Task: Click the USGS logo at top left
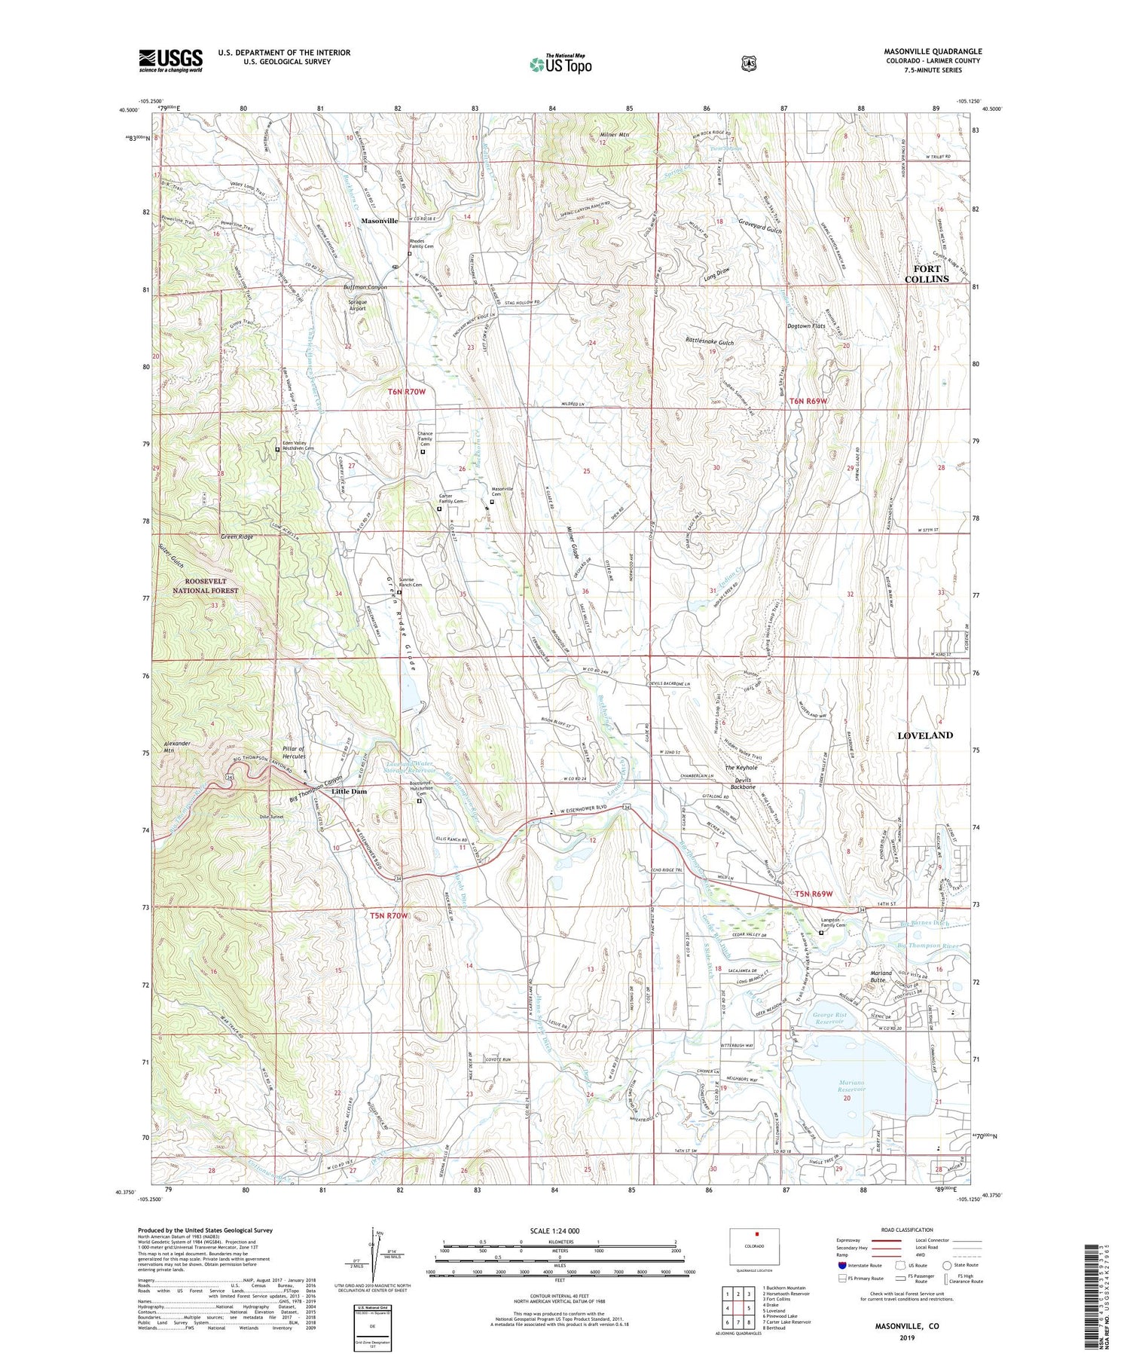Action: pos(171,60)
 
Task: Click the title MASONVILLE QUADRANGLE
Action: pos(933,51)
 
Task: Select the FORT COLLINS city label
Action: pos(927,274)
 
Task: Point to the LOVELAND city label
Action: pos(924,735)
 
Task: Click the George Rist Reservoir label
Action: pos(829,1019)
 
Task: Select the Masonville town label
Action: pos(379,221)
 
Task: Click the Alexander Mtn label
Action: pos(177,747)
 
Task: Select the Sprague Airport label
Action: pos(357,304)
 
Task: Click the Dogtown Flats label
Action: pos(806,326)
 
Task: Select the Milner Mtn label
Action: pos(614,135)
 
